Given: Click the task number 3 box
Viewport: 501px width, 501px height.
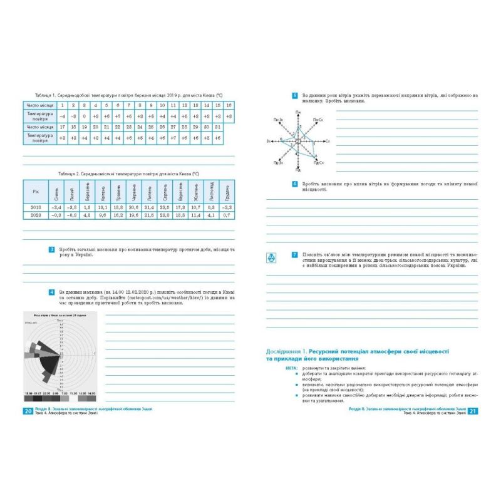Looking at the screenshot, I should tap(51, 249).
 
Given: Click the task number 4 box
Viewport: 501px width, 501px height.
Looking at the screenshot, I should tap(51, 292).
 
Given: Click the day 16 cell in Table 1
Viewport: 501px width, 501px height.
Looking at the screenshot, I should tap(229, 105).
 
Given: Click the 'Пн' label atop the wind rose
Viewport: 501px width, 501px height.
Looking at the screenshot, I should tap(298, 112).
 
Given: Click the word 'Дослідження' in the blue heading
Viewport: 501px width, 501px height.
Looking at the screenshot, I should tap(286, 354).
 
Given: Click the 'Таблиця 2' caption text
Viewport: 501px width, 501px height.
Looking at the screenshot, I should tap(68, 170).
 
